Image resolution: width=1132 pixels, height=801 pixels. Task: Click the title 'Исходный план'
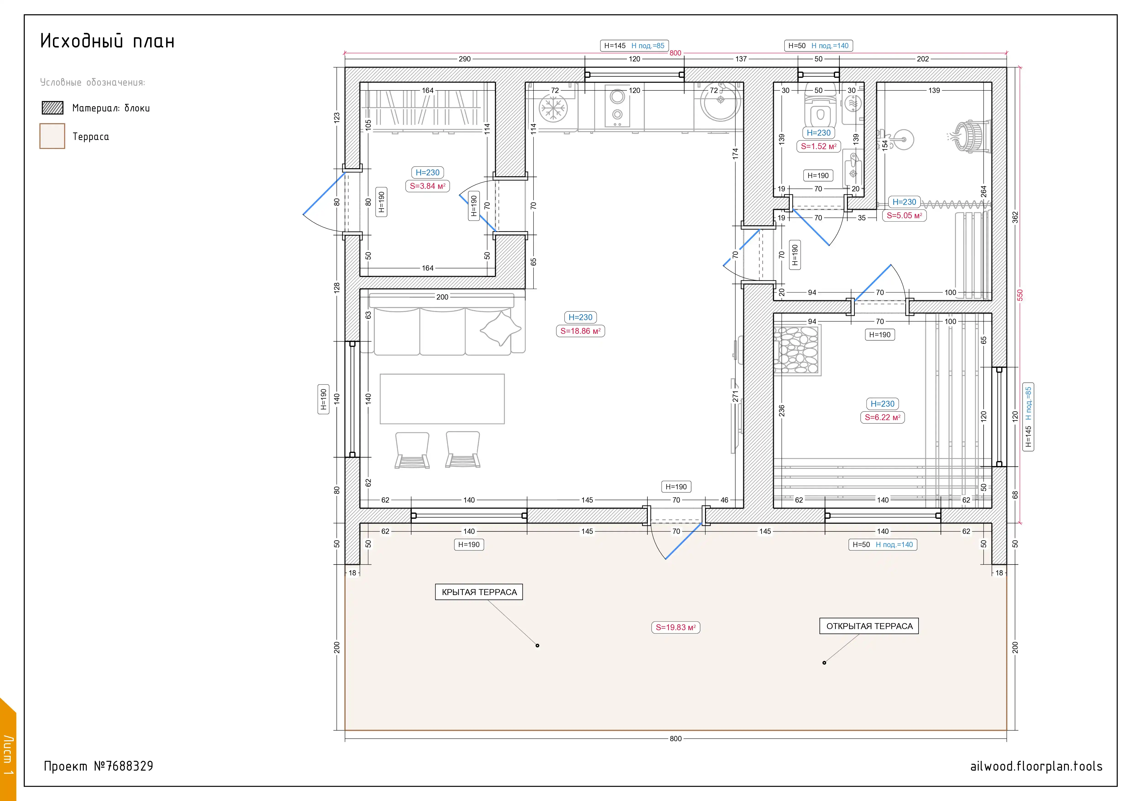[x=107, y=41]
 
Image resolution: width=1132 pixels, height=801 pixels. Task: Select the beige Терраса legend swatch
[x=52, y=136]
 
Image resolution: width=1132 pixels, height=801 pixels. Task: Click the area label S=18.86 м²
[x=580, y=331]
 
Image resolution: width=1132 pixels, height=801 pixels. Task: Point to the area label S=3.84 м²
[x=427, y=186]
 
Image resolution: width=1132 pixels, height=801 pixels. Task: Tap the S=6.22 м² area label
[x=883, y=417]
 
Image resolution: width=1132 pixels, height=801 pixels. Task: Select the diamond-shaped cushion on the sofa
[x=500, y=328]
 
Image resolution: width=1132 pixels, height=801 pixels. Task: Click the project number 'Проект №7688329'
[x=99, y=766]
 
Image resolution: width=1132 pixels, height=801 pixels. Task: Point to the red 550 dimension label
[x=1020, y=295]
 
